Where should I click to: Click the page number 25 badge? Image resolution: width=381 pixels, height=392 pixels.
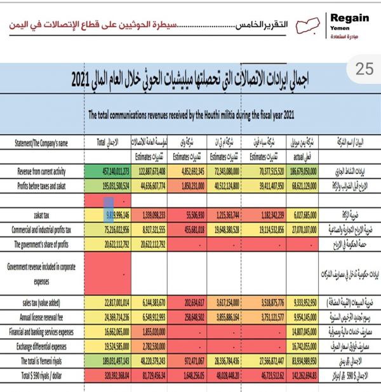pyautogui.click(x=364, y=70)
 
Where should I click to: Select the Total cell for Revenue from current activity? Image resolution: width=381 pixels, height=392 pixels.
pyautogui.click(x=109, y=172)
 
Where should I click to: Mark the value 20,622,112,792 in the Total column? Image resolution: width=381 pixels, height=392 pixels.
pyautogui.click(x=109, y=237)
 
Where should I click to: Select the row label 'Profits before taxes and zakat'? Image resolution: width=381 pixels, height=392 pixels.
pyautogui.click(x=48, y=184)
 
